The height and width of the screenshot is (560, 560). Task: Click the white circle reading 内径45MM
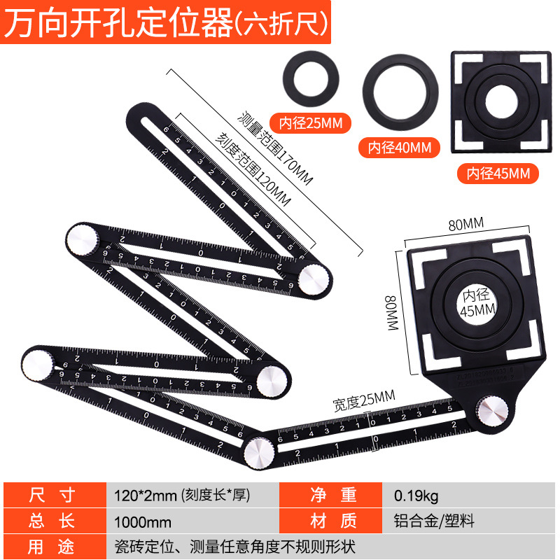476,302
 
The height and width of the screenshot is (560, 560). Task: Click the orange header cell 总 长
52,521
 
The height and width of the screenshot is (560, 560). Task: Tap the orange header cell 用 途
52,545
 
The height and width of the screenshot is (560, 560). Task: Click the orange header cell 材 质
332,521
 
